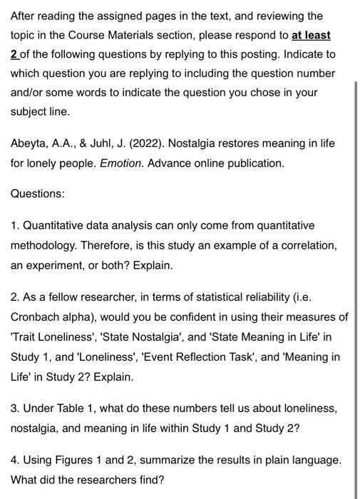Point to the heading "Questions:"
(37, 194)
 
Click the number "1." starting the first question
(15, 225)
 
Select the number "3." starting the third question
(15, 409)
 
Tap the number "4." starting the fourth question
(15, 460)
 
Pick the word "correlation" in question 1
(307, 245)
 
